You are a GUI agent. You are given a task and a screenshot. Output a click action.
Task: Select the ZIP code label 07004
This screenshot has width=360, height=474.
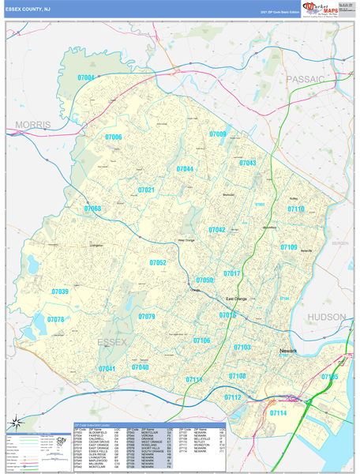(86, 77)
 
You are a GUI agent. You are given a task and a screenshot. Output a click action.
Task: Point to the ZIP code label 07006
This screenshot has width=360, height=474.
(114, 137)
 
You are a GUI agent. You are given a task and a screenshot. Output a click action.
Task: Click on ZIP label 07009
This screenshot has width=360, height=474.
(218, 134)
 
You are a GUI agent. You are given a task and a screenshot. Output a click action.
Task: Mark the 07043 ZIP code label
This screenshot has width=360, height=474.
(247, 163)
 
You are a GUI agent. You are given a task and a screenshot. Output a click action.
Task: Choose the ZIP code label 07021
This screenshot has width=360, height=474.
(146, 190)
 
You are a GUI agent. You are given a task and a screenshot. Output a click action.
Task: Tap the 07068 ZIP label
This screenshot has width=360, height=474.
(93, 209)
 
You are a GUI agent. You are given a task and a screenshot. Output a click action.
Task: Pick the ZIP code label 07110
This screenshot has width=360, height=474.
(296, 209)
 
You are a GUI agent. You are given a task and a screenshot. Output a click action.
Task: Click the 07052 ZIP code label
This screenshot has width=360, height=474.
(158, 262)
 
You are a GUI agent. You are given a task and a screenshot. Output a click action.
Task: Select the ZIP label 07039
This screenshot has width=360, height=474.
(60, 292)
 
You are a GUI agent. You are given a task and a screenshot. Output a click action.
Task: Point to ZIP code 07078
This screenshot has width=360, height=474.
(55, 319)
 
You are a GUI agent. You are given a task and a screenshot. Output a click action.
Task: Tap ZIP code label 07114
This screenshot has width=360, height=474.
(279, 412)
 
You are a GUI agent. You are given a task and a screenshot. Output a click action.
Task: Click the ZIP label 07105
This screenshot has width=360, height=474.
(329, 377)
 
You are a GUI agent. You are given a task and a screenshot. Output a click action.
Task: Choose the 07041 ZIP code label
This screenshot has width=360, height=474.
(107, 368)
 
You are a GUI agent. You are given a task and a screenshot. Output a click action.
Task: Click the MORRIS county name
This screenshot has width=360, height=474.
(33, 125)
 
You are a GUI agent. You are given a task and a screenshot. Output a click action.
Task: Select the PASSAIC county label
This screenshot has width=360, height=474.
(306, 79)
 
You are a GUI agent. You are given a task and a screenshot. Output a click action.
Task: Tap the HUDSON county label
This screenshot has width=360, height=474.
(327, 316)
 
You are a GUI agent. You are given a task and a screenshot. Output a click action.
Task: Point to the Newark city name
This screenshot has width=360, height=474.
(287, 348)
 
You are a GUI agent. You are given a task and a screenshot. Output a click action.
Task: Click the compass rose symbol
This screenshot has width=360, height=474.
(13, 423)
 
